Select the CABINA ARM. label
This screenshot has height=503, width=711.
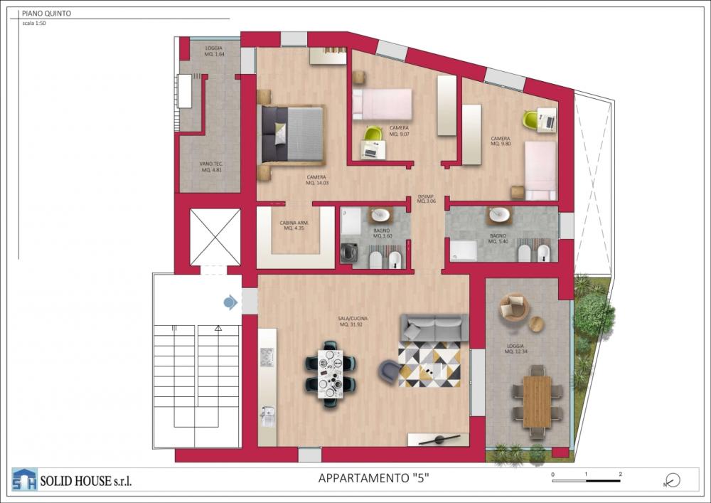point(294,225)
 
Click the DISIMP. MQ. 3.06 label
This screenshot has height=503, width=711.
point(427,200)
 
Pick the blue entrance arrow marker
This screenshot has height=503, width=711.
point(230,303)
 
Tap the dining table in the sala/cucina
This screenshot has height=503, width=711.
point(331,373)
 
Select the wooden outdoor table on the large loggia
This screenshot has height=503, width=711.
point(537,401)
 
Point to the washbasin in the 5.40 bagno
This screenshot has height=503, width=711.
point(499,215)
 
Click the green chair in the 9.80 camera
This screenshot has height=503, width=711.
point(530,120)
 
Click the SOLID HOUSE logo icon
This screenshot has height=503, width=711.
point(24,480)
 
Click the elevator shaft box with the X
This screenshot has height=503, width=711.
point(215,237)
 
